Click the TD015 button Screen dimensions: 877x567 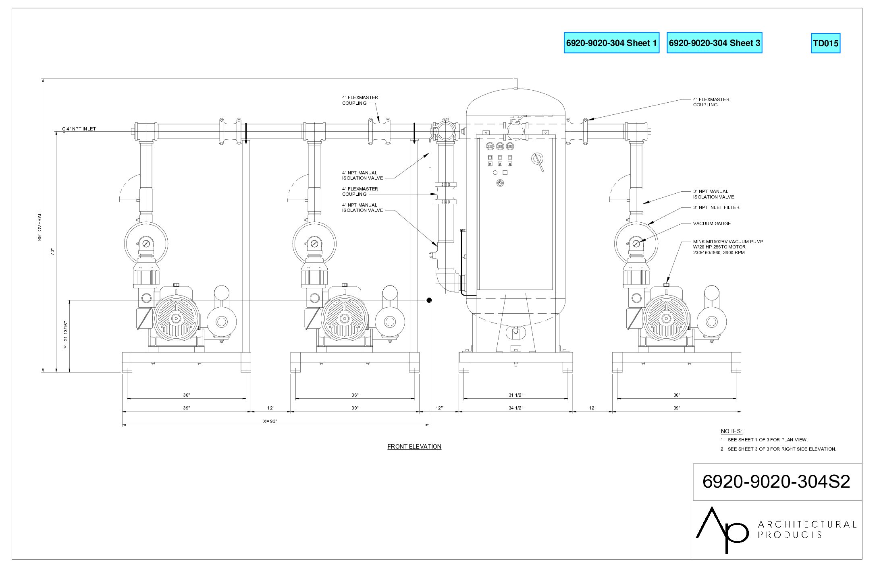coord(825,43)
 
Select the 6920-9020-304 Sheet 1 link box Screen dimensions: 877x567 coord(611,43)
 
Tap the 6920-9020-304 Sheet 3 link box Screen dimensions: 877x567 coord(715,43)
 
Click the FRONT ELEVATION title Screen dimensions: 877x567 coord(414,446)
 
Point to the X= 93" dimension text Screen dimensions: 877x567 coord(270,421)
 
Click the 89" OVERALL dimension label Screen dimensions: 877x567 coord(40,226)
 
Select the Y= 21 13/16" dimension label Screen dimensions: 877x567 coord(66,335)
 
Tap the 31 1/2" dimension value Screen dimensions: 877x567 coord(516,395)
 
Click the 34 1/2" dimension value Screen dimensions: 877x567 coord(516,408)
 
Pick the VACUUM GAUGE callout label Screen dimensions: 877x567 coord(712,223)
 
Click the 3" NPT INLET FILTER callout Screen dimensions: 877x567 coord(716,207)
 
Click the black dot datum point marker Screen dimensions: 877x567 coord(429,300)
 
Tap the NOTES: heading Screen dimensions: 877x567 coord(732,431)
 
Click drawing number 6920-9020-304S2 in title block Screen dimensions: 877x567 coord(776,481)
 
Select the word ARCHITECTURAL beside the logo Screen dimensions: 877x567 coord(807,524)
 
